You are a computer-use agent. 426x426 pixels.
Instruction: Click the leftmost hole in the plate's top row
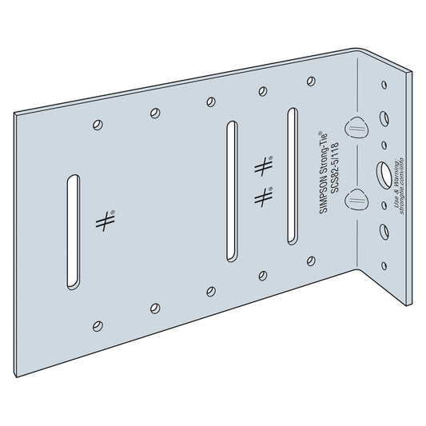point(97,124)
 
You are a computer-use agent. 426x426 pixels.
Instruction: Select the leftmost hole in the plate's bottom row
point(97,324)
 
